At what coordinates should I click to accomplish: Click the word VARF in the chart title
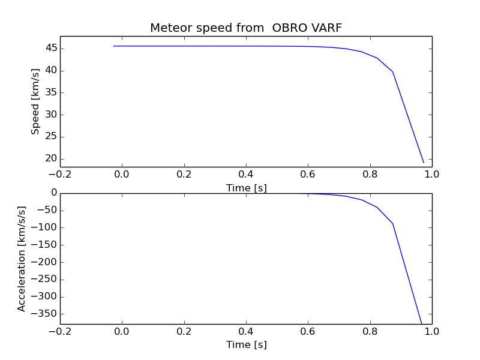point(326,28)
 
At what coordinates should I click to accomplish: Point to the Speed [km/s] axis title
point(35,101)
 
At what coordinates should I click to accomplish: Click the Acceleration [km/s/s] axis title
point(22,259)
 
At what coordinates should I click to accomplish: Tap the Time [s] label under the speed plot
point(246,188)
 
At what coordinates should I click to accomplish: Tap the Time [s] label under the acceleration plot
point(246,344)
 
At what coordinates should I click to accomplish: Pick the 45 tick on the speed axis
point(50,49)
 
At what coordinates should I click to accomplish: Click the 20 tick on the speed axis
point(50,158)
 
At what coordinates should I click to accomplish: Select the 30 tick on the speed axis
point(50,115)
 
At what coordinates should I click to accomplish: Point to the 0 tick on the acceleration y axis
point(54,193)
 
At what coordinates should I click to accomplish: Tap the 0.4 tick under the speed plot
point(246,174)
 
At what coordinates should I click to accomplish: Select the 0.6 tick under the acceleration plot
point(308,331)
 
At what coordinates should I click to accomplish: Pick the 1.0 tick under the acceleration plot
point(432,331)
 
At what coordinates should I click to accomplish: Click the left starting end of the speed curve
point(113,46)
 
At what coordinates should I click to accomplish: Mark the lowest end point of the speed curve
point(424,163)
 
